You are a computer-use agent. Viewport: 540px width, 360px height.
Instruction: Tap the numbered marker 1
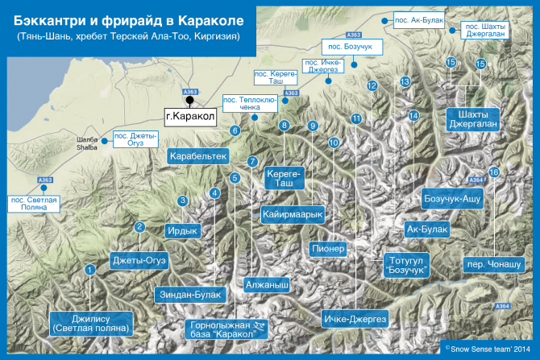click(x=90, y=270)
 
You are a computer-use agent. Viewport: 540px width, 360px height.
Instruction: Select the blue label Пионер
click(x=328, y=249)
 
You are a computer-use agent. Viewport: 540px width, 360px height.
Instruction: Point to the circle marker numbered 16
click(x=494, y=172)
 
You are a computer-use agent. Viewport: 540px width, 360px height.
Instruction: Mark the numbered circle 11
click(x=355, y=118)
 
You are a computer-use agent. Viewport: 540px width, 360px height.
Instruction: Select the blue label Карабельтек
click(x=199, y=155)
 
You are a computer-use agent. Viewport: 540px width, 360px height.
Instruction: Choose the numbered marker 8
click(x=284, y=125)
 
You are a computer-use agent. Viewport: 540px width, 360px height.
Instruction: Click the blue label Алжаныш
click(x=266, y=285)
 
